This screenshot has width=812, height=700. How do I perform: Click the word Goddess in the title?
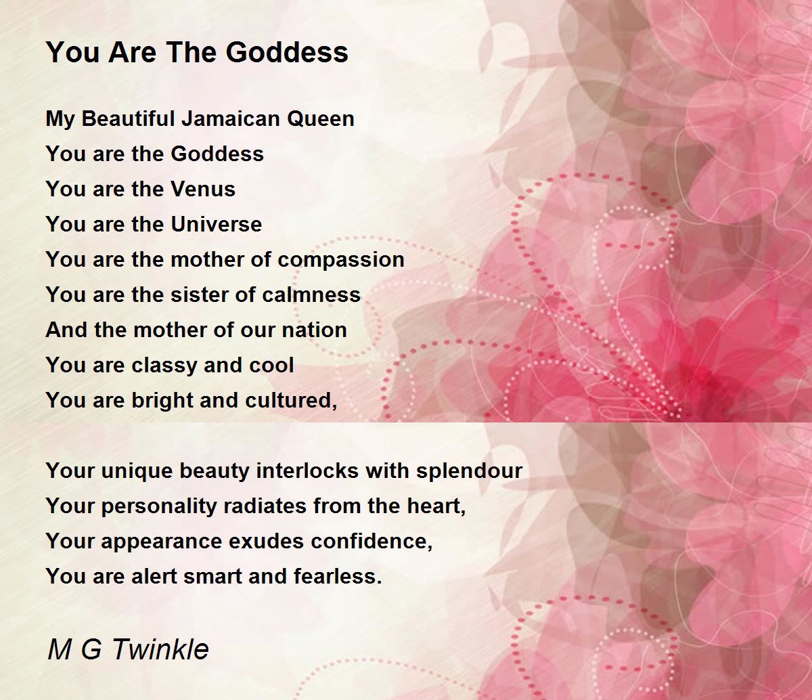click(287, 52)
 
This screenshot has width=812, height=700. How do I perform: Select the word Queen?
click(321, 119)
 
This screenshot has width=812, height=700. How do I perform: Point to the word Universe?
click(217, 224)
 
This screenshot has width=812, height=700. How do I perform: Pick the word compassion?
click(341, 260)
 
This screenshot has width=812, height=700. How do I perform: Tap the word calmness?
click(311, 294)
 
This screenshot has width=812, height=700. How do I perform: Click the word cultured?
click(291, 401)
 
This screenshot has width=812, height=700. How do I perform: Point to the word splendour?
click(469, 471)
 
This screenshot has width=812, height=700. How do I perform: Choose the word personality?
click(159, 506)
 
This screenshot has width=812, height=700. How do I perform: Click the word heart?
click(436, 506)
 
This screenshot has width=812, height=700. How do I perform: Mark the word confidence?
click(371, 541)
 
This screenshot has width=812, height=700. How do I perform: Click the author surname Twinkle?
click(161, 649)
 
